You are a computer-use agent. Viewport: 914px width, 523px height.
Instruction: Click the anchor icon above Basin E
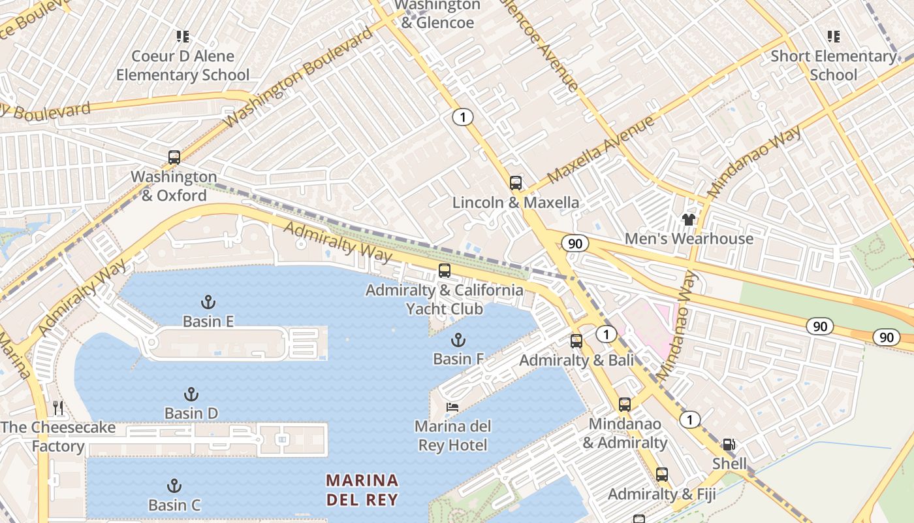tap(208, 301)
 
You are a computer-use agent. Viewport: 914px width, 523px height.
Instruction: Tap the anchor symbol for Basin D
tap(191, 394)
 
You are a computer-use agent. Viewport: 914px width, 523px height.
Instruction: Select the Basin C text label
tap(174, 505)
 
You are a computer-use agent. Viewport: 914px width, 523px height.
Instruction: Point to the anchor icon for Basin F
tap(458, 339)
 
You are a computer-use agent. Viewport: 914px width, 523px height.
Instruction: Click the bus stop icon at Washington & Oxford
tap(174, 157)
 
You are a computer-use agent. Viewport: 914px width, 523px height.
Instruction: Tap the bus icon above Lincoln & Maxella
tap(516, 182)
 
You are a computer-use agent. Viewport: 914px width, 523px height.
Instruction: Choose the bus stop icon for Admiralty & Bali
tap(576, 341)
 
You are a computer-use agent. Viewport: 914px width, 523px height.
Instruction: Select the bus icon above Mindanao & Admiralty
tap(625, 404)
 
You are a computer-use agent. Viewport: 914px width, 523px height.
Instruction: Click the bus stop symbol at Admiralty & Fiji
tap(662, 475)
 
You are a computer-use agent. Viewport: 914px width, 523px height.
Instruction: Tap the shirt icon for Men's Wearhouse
tap(689, 219)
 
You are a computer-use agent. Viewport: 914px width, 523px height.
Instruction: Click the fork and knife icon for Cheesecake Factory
tap(58, 408)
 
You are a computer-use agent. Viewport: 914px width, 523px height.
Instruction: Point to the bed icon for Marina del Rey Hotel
tap(452, 407)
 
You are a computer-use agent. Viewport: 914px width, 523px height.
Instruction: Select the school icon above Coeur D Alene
tap(183, 36)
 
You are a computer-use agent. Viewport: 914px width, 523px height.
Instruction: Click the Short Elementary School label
tap(833, 65)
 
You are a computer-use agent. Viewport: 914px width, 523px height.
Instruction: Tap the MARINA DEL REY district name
tap(362, 490)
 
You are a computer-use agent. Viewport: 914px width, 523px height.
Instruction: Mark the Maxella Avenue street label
tap(600, 150)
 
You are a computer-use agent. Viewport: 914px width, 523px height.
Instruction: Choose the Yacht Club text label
tap(445, 309)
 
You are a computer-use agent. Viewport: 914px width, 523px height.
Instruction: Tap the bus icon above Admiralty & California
tap(445, 270)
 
